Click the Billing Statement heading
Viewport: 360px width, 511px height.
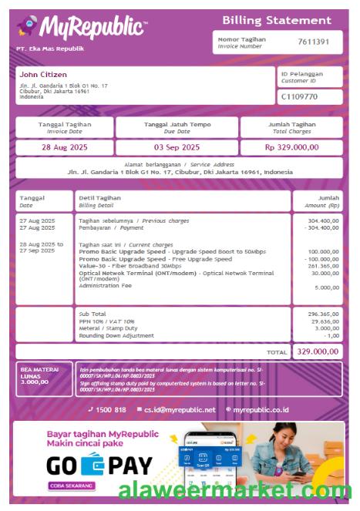[277, 20]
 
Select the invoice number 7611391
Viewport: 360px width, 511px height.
[314, 42]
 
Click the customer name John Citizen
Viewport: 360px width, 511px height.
[43, 74]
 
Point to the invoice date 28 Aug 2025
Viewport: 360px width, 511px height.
[64, 147]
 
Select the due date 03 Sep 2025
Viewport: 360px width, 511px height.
[177, 147]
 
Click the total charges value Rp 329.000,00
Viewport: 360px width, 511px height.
[291, 147]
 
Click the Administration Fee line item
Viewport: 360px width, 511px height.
[105, 285]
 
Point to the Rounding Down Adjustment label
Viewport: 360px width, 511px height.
[116, 335]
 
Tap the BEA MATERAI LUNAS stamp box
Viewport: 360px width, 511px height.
[44, 378]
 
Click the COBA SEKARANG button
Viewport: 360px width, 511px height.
[72, 486]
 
